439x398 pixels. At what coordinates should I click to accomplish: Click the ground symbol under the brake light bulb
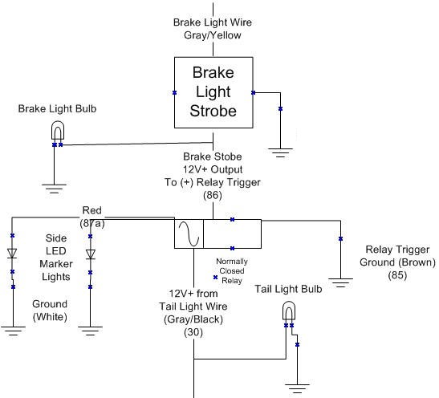pyautogui.click(x=54, y=189)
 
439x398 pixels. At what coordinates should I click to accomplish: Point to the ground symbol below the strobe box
pyautogui.click(x=280, y=153)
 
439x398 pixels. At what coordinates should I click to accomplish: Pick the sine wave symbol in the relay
pyautogui.click(x=189, y=234)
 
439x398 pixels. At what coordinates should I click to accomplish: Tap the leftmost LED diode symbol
pyautogui.click(x=12, y=254)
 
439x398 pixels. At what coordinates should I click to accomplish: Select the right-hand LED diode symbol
pyautogui.click(x=90, y=254)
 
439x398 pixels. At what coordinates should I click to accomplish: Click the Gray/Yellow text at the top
pyautogui.click(x=213, y=35)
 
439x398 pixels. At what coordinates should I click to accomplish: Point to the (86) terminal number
pyautogui.click(x=213, y=195)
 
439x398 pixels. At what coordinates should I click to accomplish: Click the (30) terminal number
pyautogui.click(x=193, y=332)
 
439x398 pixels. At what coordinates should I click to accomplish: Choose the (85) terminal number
pyautogui.click(x=397, y=275)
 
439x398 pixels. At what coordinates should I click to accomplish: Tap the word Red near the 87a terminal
pyautogui.click(x=91, y=210)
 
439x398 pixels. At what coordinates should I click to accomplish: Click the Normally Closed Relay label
pyautogui.click(x=232, y=271)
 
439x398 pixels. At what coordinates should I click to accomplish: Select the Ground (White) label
pyautogui.click(x=50, y=311)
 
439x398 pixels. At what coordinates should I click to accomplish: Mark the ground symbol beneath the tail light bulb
pyautogui.click(x=297, y=388)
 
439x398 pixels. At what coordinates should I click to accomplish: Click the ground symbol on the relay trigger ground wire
pyautogui.click(x=340, y=283)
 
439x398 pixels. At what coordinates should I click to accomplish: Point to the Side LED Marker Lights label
pyautogui.click(x=56, y=258)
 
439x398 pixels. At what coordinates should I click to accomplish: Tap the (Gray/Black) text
pyautogui.click(x=193, y=319)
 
